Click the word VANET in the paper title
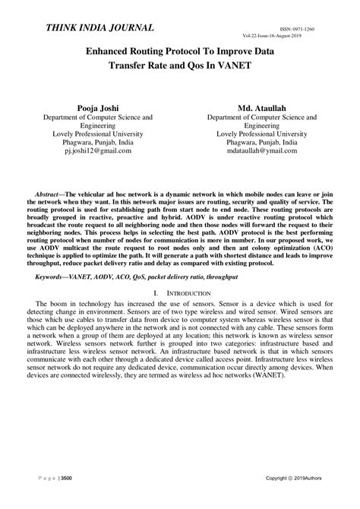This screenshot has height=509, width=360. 254,65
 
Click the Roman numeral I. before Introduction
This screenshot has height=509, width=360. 156,292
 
